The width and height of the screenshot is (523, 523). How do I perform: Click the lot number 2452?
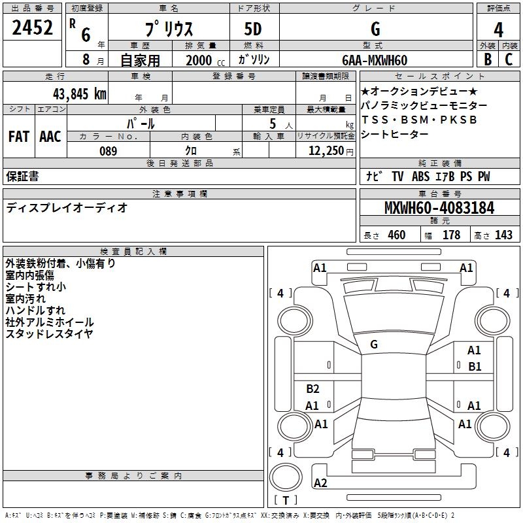pyautogui.click(x=32, y=27)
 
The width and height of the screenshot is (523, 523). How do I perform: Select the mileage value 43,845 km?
pyautogui.click(x=79, y=94)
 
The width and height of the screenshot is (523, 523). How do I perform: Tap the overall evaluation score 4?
pyautogui.click(x=498, y=30)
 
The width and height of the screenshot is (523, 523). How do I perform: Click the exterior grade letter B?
pyautogui.click(x=488, y=59)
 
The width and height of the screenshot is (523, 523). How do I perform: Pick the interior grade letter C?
pyautogui.click(x=509, y=59)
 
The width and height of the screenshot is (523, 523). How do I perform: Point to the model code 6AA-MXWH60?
pyautogui.click(x=375, y=60)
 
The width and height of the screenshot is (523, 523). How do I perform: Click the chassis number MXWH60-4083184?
pyautogui.click(x=439, y=208)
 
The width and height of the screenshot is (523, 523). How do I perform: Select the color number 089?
pyautogui.click(x=109, y=151)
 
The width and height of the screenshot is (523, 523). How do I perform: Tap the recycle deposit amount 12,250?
pyautogui.click(x=326, y=151)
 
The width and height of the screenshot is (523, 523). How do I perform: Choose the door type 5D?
pyautogui.click(x=253, y=29)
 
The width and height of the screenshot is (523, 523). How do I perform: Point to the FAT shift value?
pyautogui.click(x=19, y=137)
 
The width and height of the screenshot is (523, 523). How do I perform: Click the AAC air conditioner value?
pyautogui.click(x=50, y=137)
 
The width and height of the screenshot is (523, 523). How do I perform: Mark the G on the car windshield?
pyautogui.click(x=374, y=345)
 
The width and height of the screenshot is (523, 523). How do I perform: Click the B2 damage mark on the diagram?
pyautogui.click(x=312, y=388)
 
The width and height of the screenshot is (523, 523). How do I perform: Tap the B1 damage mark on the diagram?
pyautogui.click(x=475, y=367)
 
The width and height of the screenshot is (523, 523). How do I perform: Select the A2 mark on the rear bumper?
pyautogui.click(x=320, y=482)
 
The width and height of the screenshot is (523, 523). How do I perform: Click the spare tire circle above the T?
pyautogui.click(x=286, y=477)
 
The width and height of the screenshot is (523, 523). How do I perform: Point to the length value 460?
pyautogui.click(x=397, y=235)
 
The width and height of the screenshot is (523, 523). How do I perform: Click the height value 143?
pyautogui.click(x=503, y=235)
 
